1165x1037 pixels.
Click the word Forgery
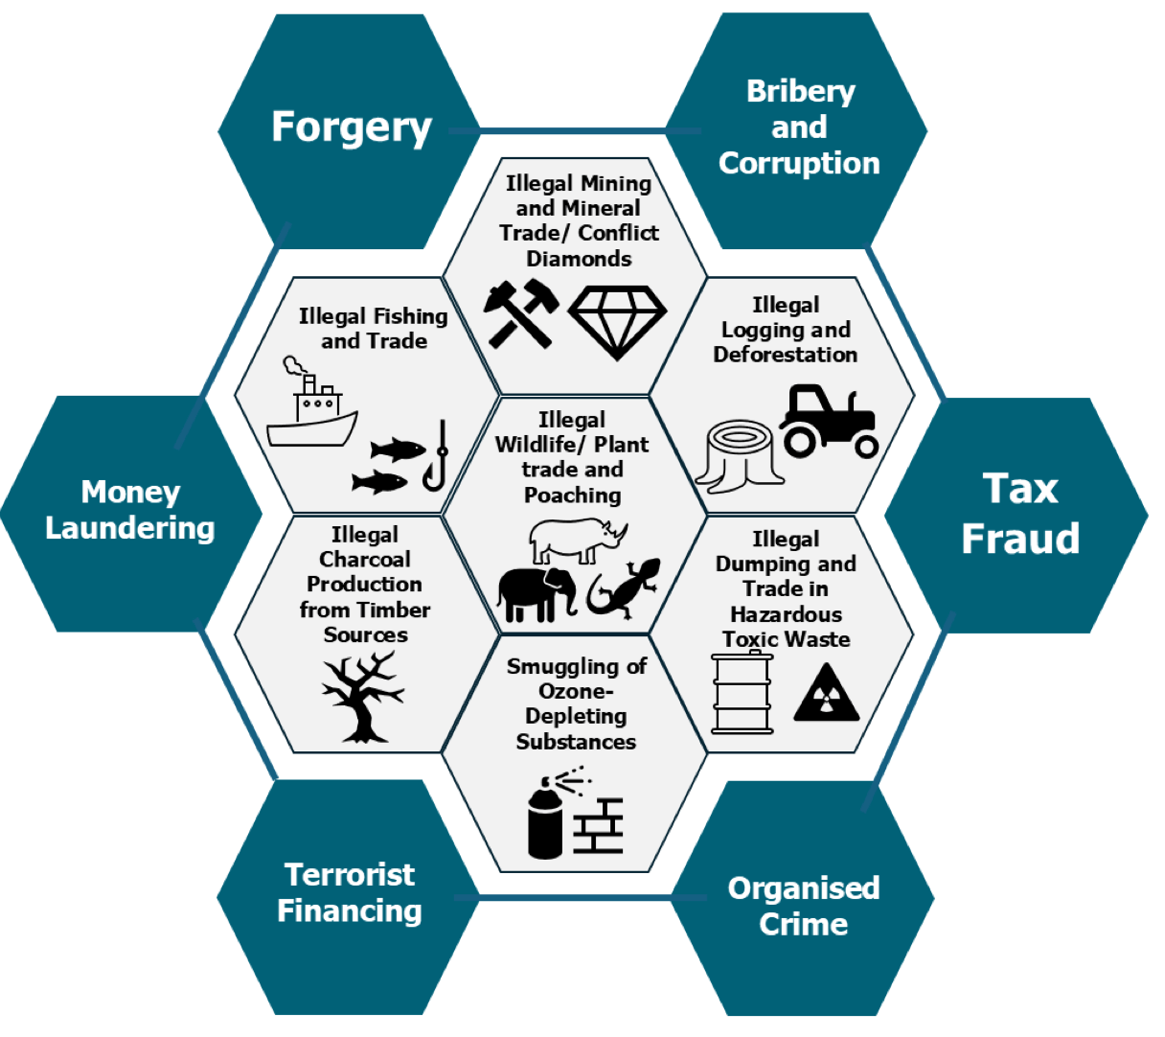click(351, 127)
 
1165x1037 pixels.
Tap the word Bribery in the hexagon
click(800, 92)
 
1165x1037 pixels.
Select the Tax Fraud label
click(1020, 514)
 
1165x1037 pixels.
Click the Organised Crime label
click(803, 906)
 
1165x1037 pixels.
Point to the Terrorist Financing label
click(349, 892)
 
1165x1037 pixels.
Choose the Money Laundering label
click(130, 510)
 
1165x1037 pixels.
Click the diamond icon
click(617, 321)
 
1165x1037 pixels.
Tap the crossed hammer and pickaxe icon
click(520, 313)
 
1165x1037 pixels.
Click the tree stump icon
click(739, 456)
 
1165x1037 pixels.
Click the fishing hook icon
click(437, 456)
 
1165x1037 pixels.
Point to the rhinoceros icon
click(578, 540)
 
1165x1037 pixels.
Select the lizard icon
click(624, 588)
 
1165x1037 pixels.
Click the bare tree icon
click(362, 697)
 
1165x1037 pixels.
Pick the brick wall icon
click(599, 825)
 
